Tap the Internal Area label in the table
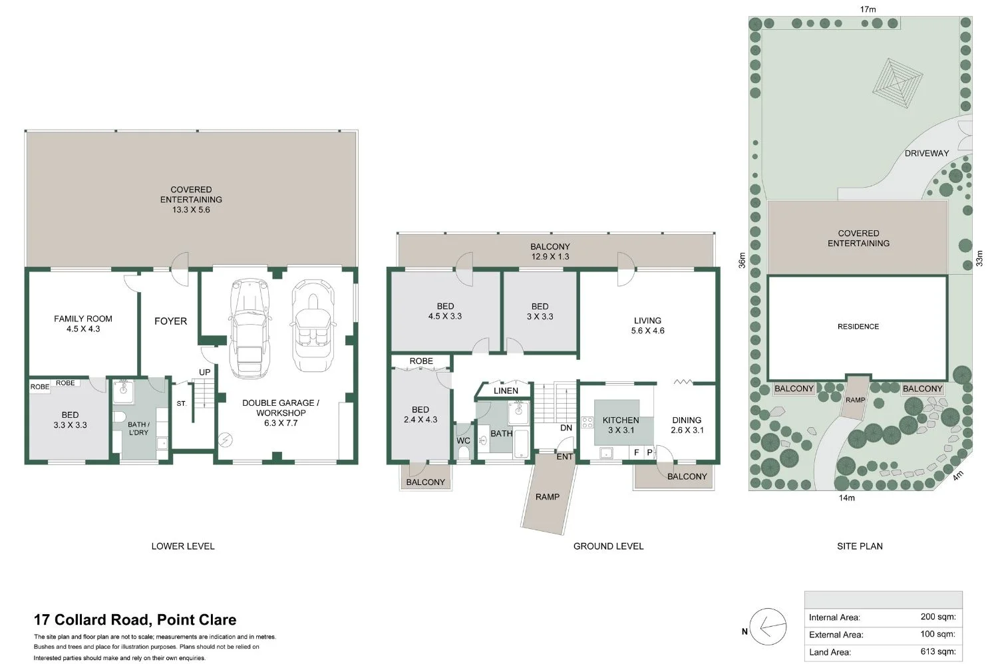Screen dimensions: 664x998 pos(834,617)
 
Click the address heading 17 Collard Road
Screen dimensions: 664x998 pos(135,620)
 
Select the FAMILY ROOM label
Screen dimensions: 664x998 pos(83,323)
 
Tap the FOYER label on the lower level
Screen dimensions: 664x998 pos(170,321)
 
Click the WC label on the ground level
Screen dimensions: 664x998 pos(463,441)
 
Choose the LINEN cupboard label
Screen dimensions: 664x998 pos(506,391)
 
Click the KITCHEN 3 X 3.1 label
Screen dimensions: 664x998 pos(620,425)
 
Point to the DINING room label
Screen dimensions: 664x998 pos(687,425)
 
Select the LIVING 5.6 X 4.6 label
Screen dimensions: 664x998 pos(647,325)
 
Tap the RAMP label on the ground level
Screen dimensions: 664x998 pos(547,497)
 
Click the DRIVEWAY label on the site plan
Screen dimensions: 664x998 pos(926,153)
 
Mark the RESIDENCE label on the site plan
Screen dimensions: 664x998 pos(858,327)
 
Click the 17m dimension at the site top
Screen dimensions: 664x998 pos(868,9)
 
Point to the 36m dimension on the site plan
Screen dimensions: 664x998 pos(743,259)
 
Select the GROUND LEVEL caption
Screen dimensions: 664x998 pos(608,546)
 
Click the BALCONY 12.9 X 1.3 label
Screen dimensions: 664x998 pos(550,251)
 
